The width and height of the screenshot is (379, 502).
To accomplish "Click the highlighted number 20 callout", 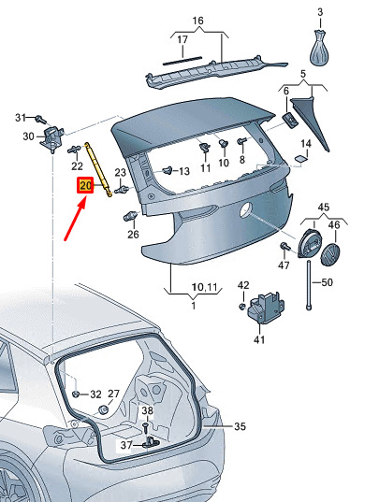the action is (x=85, y=185).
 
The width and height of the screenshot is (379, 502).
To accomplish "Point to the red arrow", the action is (x=76, y=219).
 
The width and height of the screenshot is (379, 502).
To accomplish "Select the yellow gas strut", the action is (x=98, y=169).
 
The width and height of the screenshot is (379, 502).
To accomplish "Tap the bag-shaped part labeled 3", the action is (x=319, y=47).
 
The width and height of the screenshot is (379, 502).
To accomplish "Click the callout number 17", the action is (x=182, y=40).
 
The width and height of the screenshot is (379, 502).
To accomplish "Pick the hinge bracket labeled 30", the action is (x=51, y=138).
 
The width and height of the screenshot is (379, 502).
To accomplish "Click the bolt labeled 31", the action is (x=40, y=119).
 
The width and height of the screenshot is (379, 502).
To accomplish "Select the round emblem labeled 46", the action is (x=330, y=255).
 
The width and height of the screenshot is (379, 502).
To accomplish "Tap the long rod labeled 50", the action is (x=309, y=285).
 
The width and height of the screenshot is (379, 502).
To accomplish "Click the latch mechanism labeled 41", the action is (x=265, y=308).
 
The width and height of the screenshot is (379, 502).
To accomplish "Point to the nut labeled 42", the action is (x=242, y=306).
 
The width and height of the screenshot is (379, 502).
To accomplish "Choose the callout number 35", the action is (x=240, y=426).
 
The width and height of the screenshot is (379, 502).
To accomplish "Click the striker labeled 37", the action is (x=151, y=442).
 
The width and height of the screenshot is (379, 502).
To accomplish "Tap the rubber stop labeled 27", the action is (x=103, y=410).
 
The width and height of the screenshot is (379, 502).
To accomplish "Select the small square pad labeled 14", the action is (x=300, y=159).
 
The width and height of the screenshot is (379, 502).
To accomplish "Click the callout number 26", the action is (x=133, y=235).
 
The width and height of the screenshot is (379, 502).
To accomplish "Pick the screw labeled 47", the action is (x=284, y=247).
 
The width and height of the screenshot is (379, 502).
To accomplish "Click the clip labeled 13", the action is (x=168, y=170).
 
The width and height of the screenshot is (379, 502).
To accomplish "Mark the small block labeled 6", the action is (x=290, y=120).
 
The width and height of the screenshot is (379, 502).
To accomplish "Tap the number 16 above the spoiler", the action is (x=198, y=21).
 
